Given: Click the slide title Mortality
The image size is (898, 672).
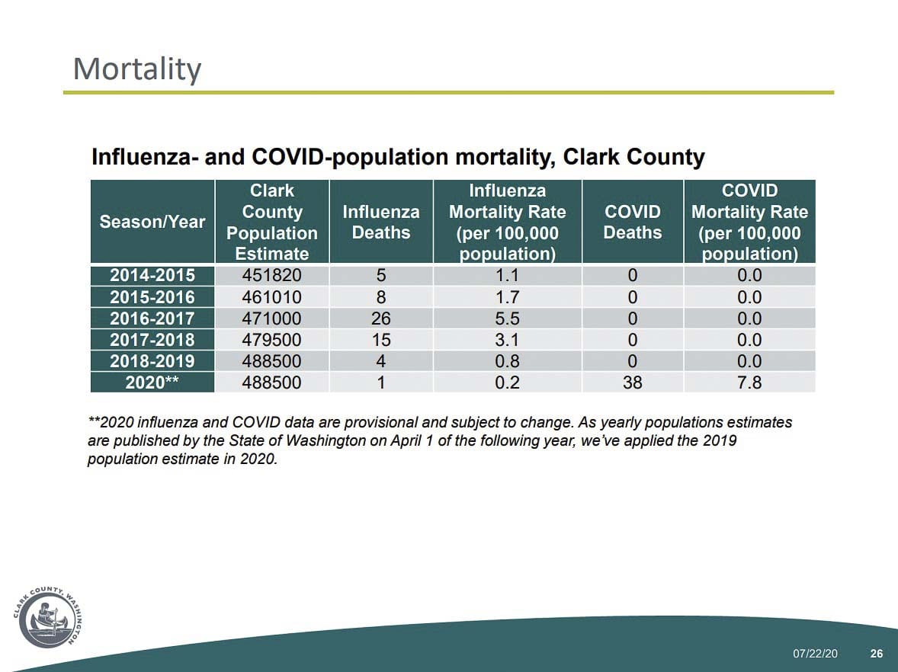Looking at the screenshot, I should click(137, 69).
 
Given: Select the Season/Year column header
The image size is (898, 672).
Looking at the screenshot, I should click(152, 222).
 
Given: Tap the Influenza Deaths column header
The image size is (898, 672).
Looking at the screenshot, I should click(381, 222).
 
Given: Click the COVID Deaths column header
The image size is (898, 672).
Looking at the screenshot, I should click(632, 222).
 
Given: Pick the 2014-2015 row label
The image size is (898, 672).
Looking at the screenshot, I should click(152, 276).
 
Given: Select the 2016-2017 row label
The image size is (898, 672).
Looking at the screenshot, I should click(152, 318).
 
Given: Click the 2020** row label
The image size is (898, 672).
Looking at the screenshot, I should click(152, 382).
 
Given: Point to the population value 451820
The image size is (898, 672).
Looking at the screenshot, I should click(271, 276).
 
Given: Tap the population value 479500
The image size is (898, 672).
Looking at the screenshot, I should click(271, 340).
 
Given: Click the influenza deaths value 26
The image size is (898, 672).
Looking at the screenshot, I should click(380, 318).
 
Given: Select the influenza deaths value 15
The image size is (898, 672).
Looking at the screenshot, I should click(380, 340).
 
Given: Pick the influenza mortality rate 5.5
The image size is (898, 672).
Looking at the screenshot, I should click(507, 318).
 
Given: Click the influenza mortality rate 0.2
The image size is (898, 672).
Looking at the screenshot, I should click(507, 382).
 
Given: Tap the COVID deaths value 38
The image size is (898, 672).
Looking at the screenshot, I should click(632, 382).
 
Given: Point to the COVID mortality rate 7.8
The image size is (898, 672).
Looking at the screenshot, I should click(749, 382).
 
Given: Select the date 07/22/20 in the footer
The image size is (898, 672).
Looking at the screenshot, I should click(815, 654).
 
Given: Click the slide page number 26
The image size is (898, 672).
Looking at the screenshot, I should click(876, 654).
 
